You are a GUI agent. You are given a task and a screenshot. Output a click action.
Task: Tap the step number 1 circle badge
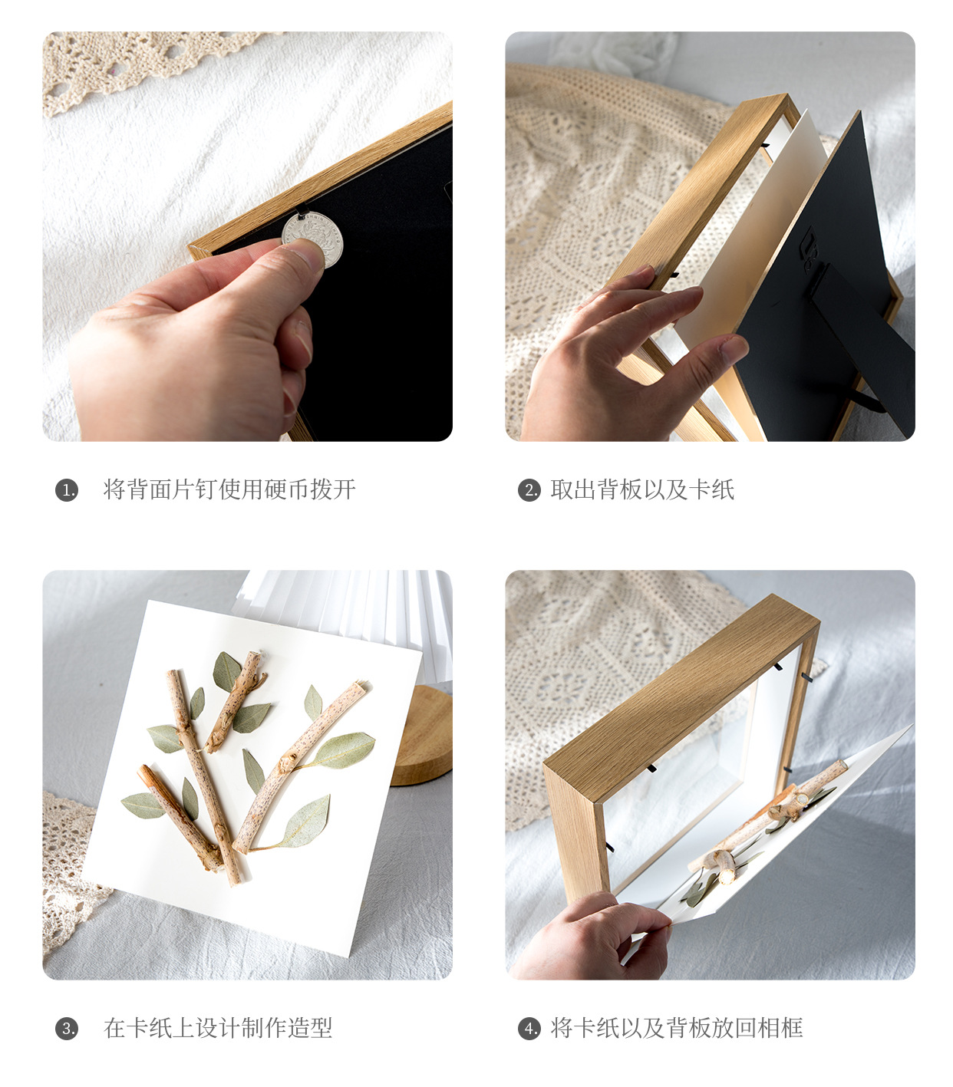[67, 490]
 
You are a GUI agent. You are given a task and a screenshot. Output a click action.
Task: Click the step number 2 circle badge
[529, 490]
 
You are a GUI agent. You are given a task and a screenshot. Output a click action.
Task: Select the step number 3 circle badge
[67, 1029]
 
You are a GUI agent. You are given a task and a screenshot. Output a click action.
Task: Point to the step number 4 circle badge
[529, 1029]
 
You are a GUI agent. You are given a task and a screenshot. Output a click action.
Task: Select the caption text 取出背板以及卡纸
[642, 489]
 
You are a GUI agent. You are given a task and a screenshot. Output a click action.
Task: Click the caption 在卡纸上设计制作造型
[218, 1028]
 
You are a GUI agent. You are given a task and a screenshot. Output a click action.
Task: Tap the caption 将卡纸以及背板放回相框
[677, 1028]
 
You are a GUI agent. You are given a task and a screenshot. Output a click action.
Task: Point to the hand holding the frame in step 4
[591, 940]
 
